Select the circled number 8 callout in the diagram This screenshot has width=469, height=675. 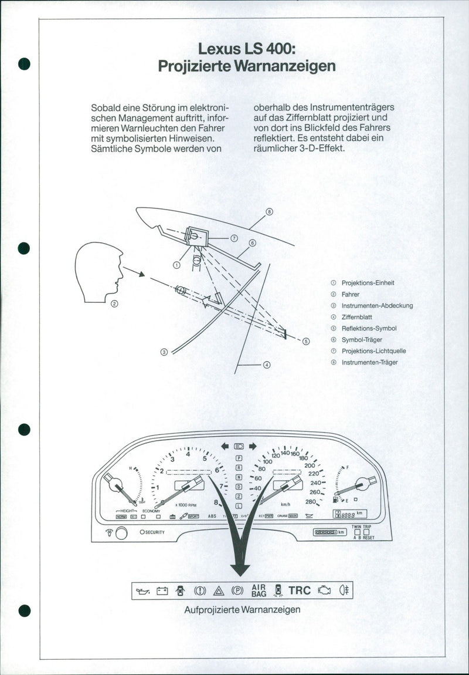point(269,212)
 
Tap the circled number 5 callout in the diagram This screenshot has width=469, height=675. point(306,341)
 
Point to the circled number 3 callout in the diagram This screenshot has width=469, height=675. point(164,352)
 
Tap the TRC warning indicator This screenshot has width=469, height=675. point(300,590)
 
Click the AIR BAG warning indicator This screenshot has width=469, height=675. point(259,590)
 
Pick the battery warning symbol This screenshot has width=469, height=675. point(162,591)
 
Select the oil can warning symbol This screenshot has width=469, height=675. point(142,591)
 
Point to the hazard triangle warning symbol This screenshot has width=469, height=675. point(219,591)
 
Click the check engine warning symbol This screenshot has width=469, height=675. point(324,591)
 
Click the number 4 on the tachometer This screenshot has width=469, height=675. point(188,454)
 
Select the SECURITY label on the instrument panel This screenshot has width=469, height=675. point(154,532)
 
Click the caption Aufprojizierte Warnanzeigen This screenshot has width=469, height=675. point(242,609)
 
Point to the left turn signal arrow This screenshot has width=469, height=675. point(225,446)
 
